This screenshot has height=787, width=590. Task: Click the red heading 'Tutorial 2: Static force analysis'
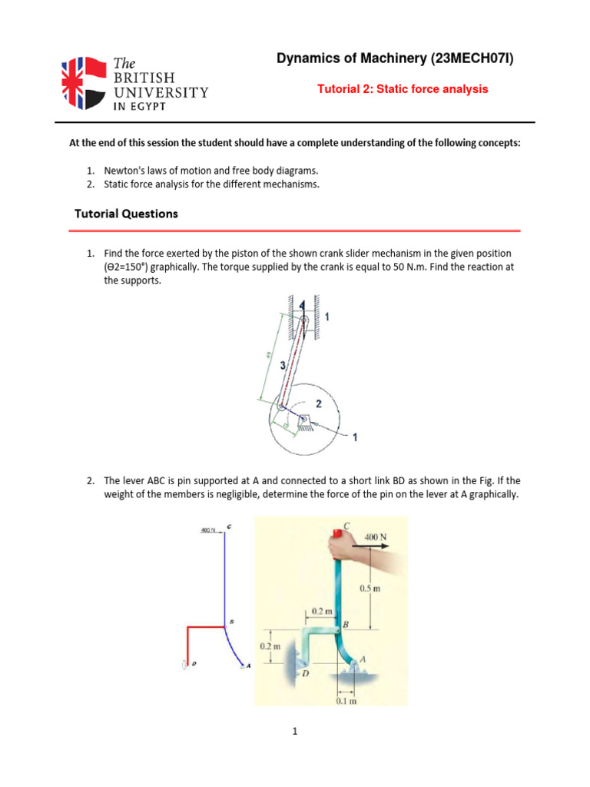coord(403,89)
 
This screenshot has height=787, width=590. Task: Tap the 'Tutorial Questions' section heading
coord(126,214)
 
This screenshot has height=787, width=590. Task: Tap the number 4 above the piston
coord(302,305)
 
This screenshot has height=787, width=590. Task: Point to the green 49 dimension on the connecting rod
coord(267,354)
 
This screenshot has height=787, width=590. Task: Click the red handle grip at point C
coord(336,535)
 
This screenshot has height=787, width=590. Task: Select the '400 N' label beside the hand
coord(375,535)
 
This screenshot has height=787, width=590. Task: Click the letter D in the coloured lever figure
coord(305,673)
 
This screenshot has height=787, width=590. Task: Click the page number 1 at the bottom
coord(294,732)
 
